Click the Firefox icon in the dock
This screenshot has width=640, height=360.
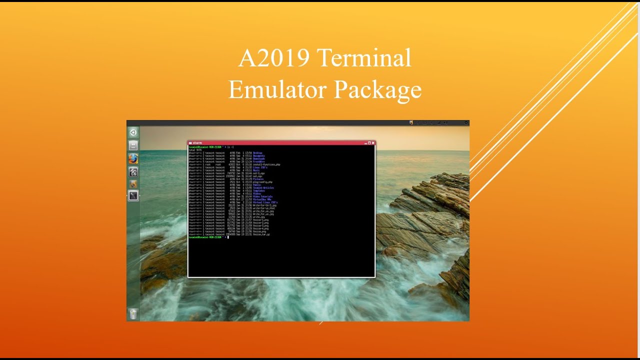[x=133, y=158]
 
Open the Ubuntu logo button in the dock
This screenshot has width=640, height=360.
[x=133, y=132]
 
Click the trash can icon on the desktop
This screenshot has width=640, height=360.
[x=133, y=313]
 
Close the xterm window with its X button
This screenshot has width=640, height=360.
[x=373, y=143]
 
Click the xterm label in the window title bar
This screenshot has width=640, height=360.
[x=197, y=143]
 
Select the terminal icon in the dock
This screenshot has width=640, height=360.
[x=133, y=196]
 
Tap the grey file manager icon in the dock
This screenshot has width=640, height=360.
[x=133, y=145]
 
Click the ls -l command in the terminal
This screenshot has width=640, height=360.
[x=230, y=147]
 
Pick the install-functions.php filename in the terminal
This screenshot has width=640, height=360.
[x=266, y=164]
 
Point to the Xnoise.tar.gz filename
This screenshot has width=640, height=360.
[x=261, y=234]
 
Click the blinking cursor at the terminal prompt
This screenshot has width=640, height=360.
[x=228, y=237]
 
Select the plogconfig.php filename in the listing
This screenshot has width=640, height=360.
[x=262, y=182]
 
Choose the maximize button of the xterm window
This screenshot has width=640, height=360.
[x=369, y=143]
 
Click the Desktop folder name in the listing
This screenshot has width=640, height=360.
[x=257, y=153]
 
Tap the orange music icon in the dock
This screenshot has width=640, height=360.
[x=133, y=183]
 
